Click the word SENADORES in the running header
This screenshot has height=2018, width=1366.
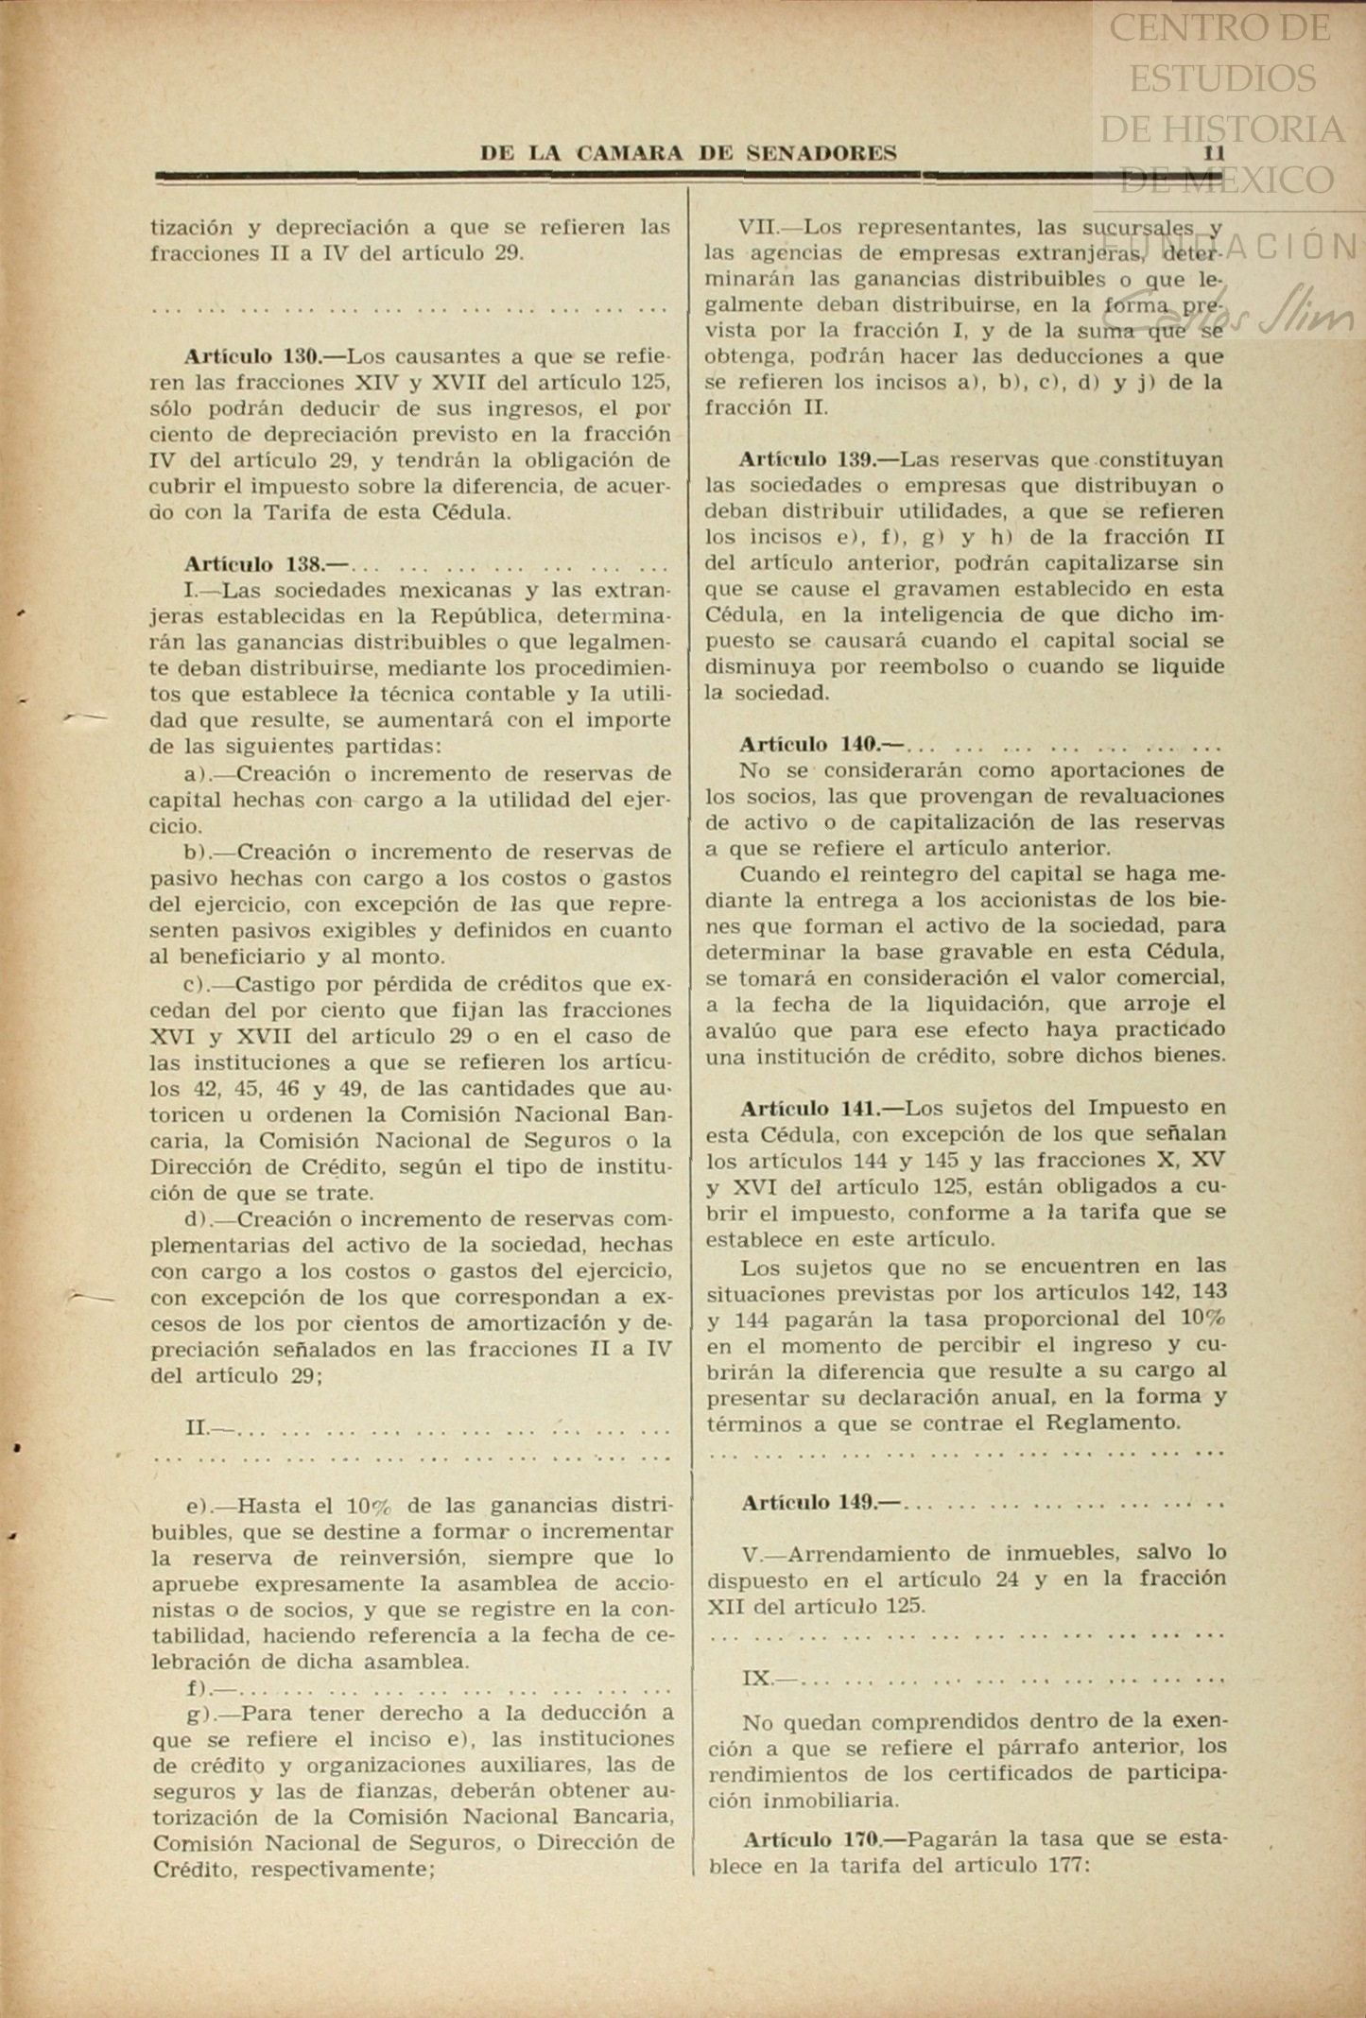tap(821, 153)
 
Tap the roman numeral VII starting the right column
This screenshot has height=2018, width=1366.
tap(756, 228)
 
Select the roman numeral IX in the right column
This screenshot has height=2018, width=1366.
tap(756, 1679)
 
